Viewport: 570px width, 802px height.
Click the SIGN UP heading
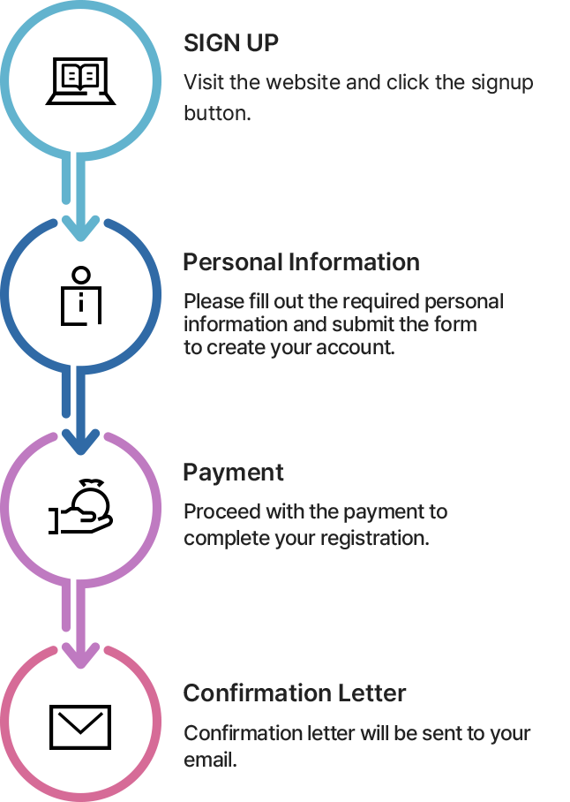click(231, 43)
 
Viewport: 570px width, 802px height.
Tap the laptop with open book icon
click(80, 81)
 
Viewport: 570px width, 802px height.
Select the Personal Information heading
click(302, 261)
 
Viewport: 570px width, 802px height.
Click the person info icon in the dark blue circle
click(80, 296)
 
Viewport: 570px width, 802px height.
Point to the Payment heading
click(233, 472)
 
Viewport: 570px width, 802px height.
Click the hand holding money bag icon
click(80, 506)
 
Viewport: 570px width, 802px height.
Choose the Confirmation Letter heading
click(295, 693)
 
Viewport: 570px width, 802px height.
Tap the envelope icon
click(80, 727)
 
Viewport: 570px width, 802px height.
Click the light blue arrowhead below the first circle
click(80, 227)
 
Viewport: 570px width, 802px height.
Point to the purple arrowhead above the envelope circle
click(80, 654)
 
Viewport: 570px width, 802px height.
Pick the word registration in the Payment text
click(373, 538)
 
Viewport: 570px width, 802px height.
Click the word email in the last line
click(209, 760)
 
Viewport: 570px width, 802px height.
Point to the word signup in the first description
click(502, 83)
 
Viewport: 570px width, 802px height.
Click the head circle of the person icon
click(80, 276)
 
